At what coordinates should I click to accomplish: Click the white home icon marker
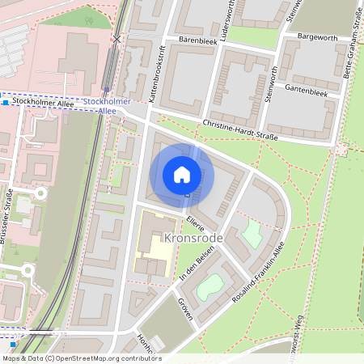(181, 175)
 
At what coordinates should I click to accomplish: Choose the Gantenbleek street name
(307, 94)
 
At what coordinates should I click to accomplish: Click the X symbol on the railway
(117, 39)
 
